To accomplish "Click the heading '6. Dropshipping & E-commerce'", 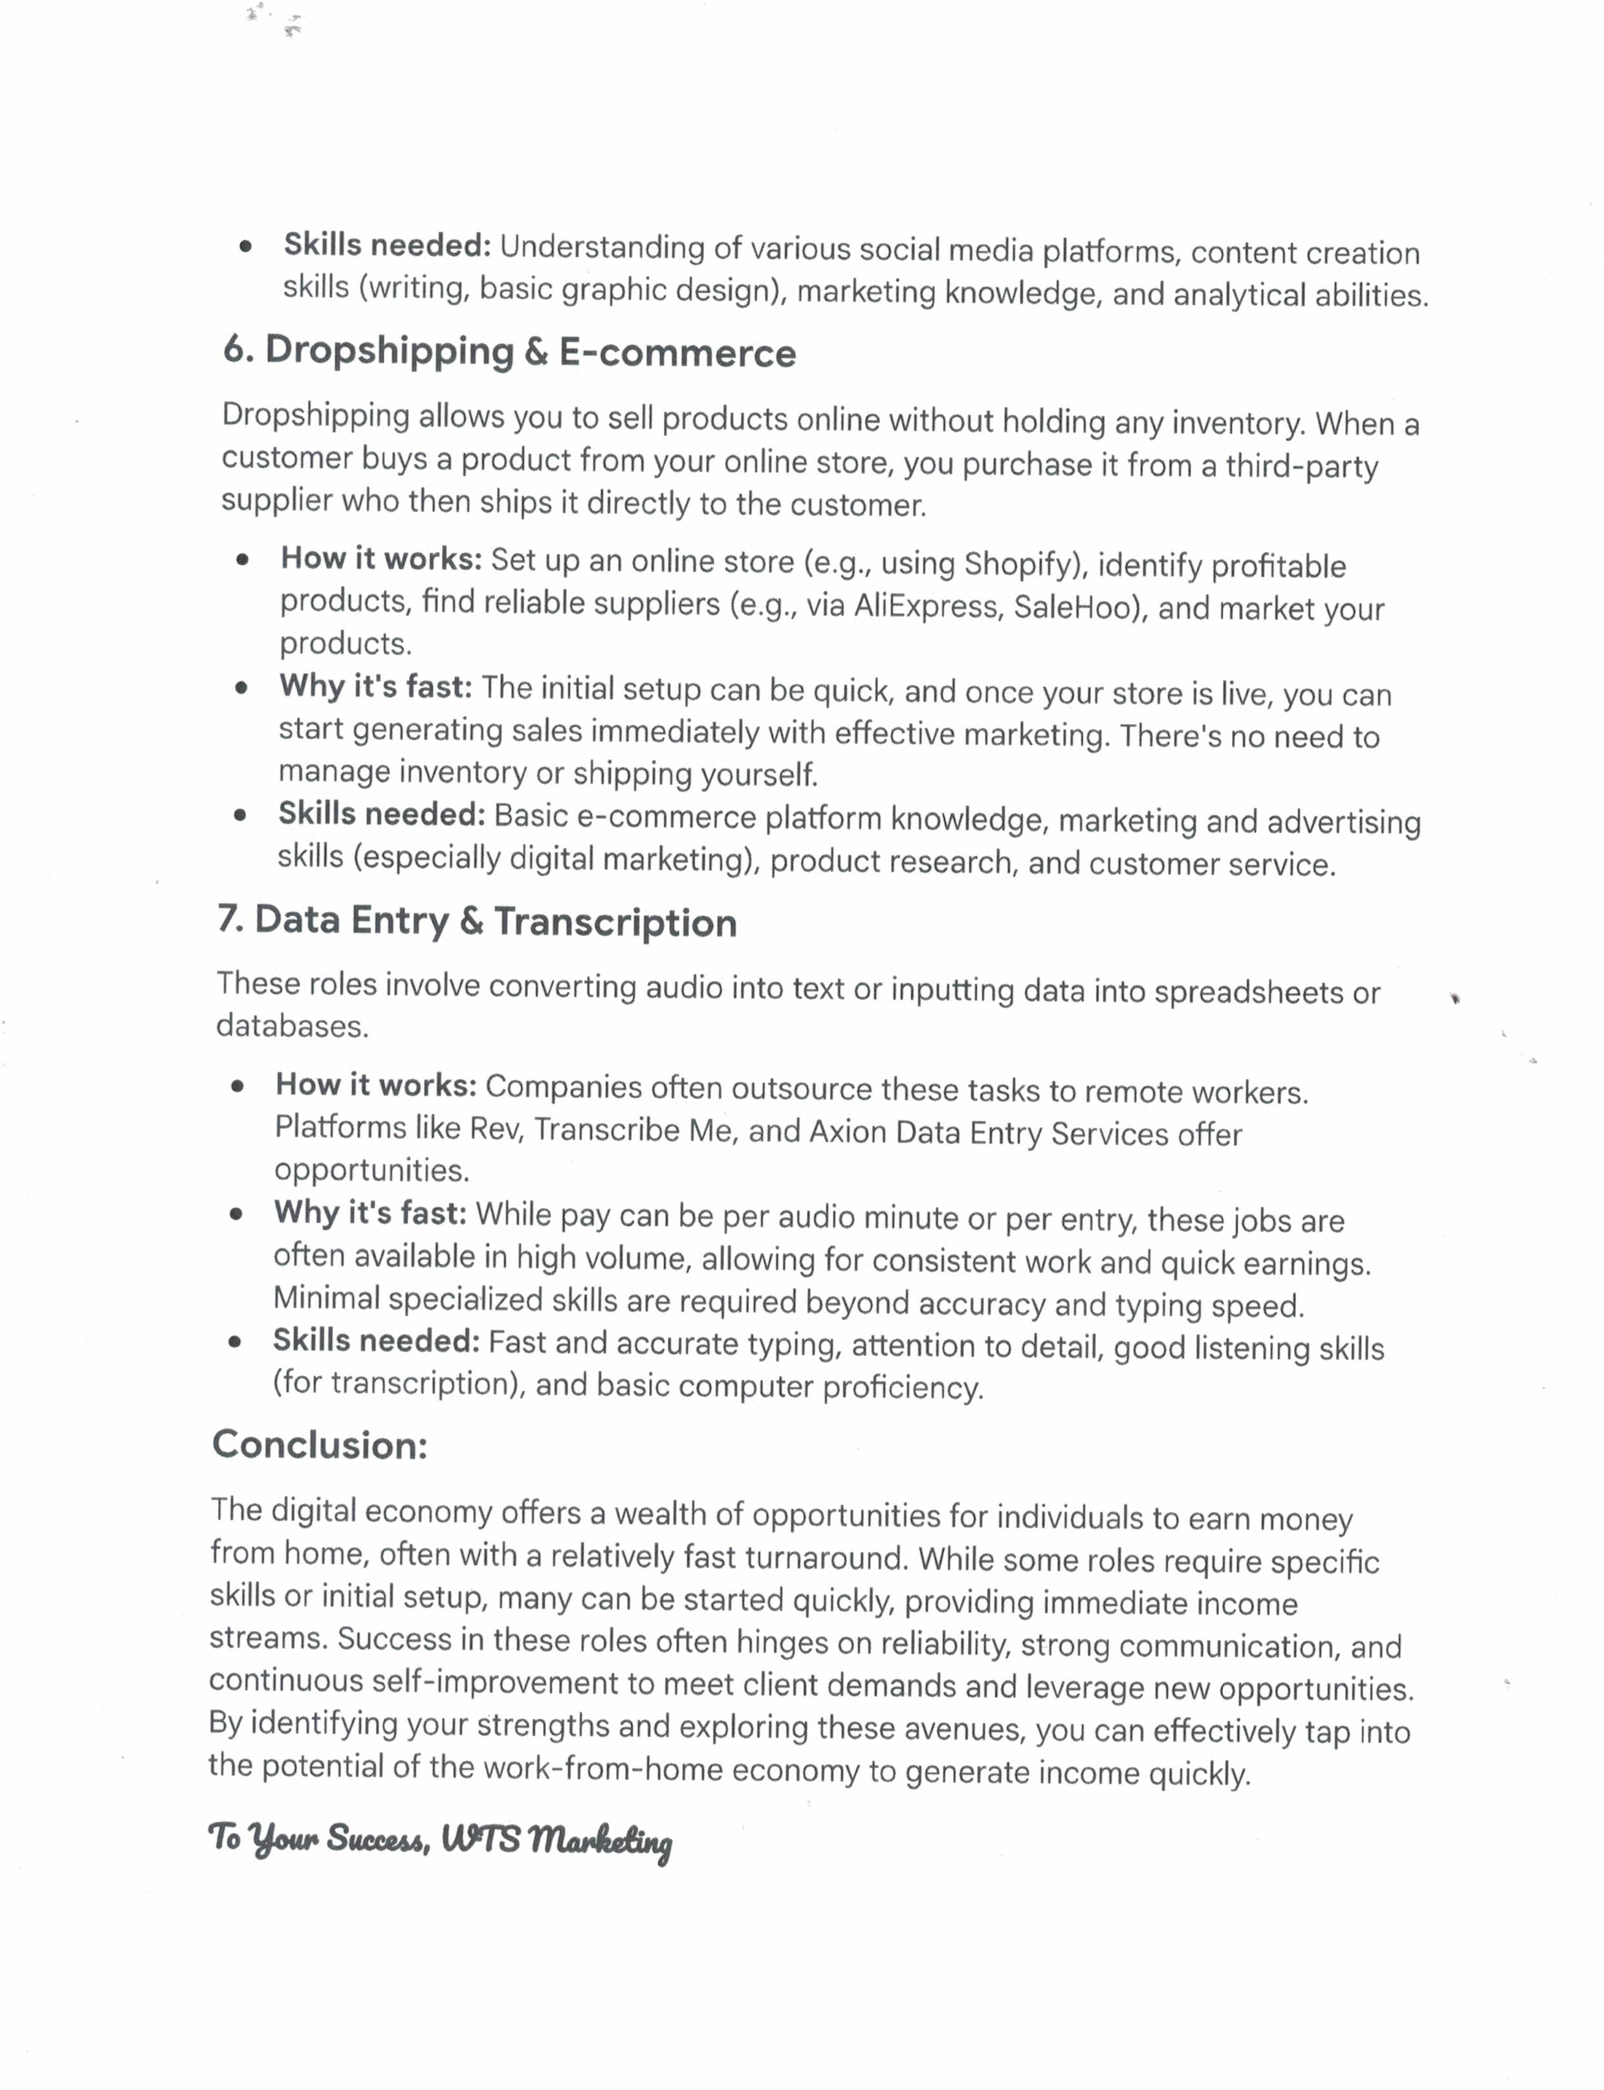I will [509, 351].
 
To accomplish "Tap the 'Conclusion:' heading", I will [320, 1444].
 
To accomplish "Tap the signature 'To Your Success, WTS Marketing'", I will [440, 1839].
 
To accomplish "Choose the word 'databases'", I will [291, 1026].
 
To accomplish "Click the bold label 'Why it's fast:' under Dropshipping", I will [375, 687].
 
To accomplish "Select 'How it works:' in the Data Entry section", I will [375, 1085].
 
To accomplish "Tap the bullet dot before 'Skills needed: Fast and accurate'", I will [235, 1342].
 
